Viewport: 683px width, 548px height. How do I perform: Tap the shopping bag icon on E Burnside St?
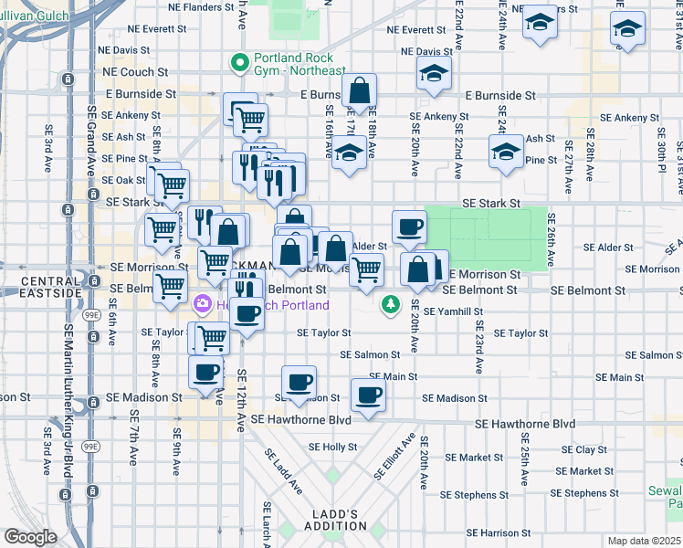click(360, 91)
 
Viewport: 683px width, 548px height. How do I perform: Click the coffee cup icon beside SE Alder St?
click(409, 227)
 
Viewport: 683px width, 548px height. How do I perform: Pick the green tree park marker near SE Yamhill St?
click(391, 303)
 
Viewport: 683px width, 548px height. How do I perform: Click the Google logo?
click(30, 537)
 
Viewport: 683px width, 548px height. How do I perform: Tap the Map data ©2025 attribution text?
click(644, 541)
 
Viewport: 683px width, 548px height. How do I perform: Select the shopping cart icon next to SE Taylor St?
click(211, 337)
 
